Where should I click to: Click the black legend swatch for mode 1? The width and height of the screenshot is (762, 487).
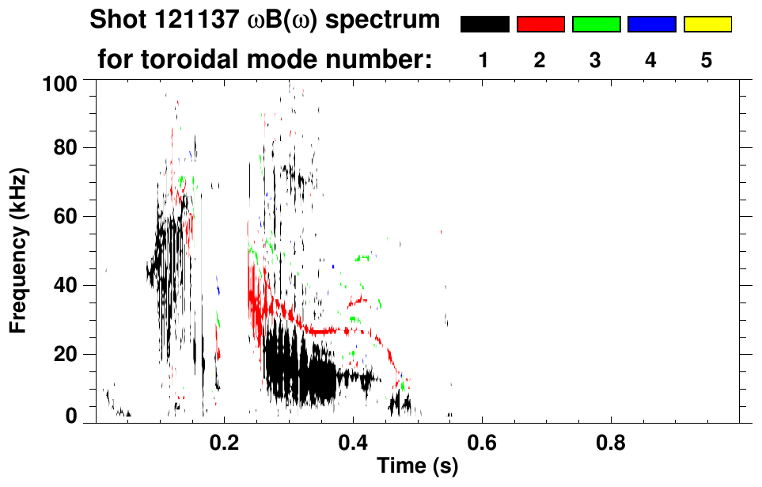[x=484, y=25]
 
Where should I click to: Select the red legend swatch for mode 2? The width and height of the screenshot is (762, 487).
[x=540, y=25]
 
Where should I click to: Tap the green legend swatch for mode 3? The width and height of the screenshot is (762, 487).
[x=596, y=25]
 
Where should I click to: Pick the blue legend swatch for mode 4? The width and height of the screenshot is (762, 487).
[x=651, y=25]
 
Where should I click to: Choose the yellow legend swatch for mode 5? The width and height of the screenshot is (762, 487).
[x=707, y=25]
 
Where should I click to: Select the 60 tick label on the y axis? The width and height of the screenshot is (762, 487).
[x=68, y=216]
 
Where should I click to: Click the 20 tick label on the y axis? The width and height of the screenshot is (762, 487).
[x=68, y=354]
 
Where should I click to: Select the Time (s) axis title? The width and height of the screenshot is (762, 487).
[x=416, y=467]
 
